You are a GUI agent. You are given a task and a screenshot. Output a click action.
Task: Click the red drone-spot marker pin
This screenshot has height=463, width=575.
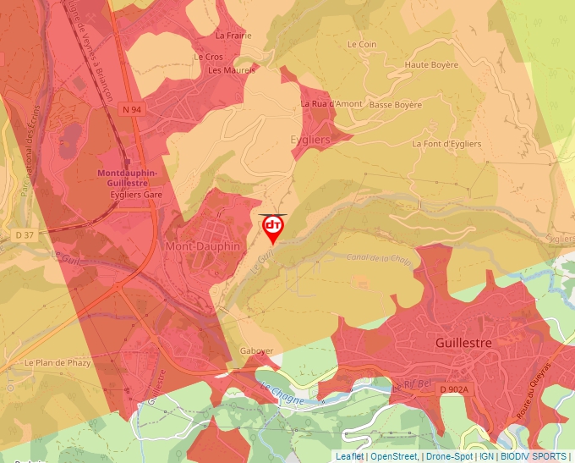point(273,227)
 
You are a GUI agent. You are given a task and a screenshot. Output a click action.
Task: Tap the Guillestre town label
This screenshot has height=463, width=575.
point(463,344)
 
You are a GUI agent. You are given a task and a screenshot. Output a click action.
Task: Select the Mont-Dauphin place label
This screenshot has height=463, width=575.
point(203,246)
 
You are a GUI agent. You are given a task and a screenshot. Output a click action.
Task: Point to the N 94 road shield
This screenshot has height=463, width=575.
point(131,109)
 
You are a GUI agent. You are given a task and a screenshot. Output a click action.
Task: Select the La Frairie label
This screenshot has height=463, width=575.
point(233,36)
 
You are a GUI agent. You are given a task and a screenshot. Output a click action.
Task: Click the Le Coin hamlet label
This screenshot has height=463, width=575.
point(361,44)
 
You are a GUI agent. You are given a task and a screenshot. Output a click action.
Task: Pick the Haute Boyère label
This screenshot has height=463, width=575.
point(431,65)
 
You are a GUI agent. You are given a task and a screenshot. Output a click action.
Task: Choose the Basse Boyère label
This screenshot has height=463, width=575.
point(395,105)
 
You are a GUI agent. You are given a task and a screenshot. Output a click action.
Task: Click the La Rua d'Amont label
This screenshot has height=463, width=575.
point(331,103)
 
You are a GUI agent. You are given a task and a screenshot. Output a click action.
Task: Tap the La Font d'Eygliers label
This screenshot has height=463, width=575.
point(446,144)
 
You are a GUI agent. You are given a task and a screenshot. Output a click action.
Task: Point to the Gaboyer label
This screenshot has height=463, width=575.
point(257,350)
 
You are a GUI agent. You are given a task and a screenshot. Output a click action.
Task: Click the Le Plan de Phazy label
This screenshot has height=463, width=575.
point(57,363)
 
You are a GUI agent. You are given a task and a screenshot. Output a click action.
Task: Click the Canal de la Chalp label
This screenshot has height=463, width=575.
point(379,259)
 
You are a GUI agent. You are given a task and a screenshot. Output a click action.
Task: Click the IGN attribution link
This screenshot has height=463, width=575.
point(486,456)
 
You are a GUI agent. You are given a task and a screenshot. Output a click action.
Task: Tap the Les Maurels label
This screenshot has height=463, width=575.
point(232,70)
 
